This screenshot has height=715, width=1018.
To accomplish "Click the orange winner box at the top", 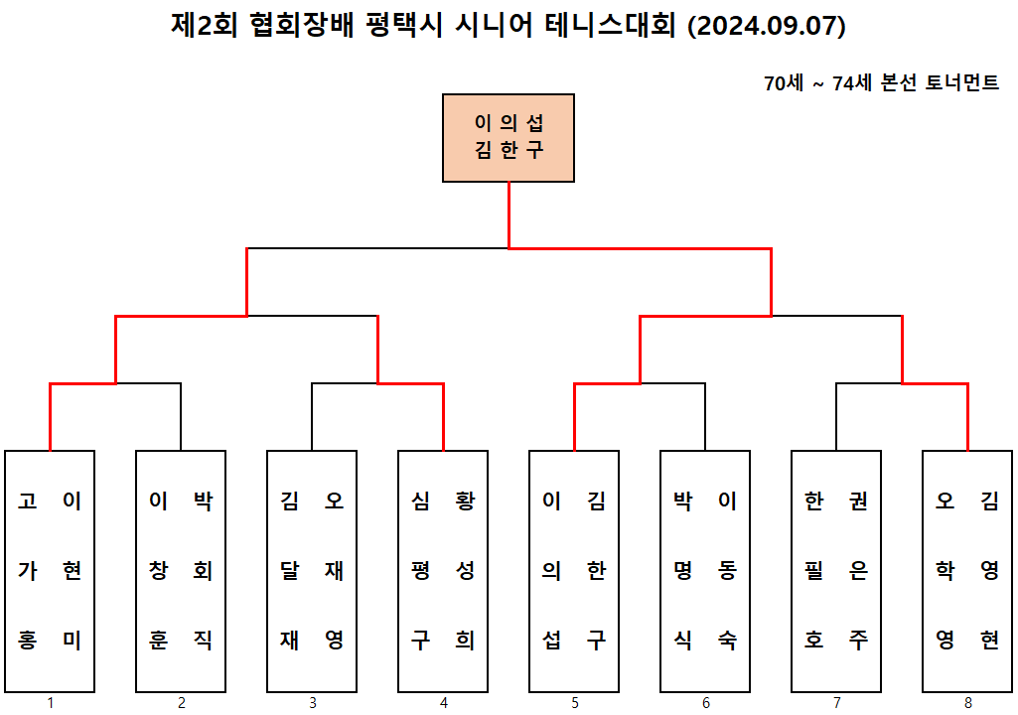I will click(x=509, y=138).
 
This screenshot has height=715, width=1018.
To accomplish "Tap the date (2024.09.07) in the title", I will click(x=766, y=27).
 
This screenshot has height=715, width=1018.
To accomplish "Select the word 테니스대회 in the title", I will click(x=612, y=27).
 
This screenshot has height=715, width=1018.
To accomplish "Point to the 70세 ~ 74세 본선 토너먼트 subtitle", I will click(x=881, y=83).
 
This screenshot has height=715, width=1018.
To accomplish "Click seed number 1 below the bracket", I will click(x=50, y=703).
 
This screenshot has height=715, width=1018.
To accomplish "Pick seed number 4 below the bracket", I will click(x=443, y=703).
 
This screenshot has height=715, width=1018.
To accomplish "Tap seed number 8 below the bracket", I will click(x=967, y=703).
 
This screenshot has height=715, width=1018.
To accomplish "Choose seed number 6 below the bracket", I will click(x=705, y=703).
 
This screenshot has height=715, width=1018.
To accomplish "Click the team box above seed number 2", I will click(x=181, y=571).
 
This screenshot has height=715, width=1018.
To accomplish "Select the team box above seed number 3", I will click(x=312, y=571).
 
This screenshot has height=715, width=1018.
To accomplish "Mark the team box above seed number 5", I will click(x=574, y=571).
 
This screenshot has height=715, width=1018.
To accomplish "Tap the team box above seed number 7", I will click(x=836, y=571).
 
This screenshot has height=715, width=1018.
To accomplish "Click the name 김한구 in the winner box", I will click(x=509, y=152).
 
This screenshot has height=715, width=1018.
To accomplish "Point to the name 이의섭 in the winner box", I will click(x=509, y=124).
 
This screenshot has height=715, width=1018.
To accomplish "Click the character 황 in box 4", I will click(x=464, y=501).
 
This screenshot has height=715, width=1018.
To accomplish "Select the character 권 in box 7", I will click(x=858, y=501).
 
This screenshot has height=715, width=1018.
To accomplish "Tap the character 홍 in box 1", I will click(x=28, y=641).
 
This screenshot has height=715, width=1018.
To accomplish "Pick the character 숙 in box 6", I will click(x=727, y=641).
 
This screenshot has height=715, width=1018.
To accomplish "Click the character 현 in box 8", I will click(x=989, y=641).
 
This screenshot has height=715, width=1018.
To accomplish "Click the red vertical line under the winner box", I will click(x=509, y=214).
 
